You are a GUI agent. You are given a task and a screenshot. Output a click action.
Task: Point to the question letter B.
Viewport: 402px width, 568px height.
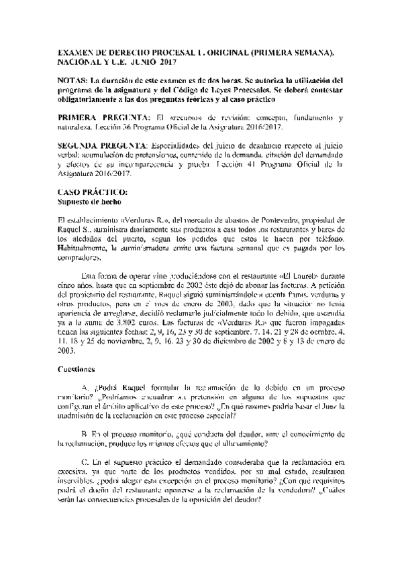click(84, 435)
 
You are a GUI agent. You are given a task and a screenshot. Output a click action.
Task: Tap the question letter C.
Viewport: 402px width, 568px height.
click(84, 463)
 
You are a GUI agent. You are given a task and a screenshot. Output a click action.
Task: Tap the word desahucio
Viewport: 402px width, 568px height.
click(244, 145)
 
